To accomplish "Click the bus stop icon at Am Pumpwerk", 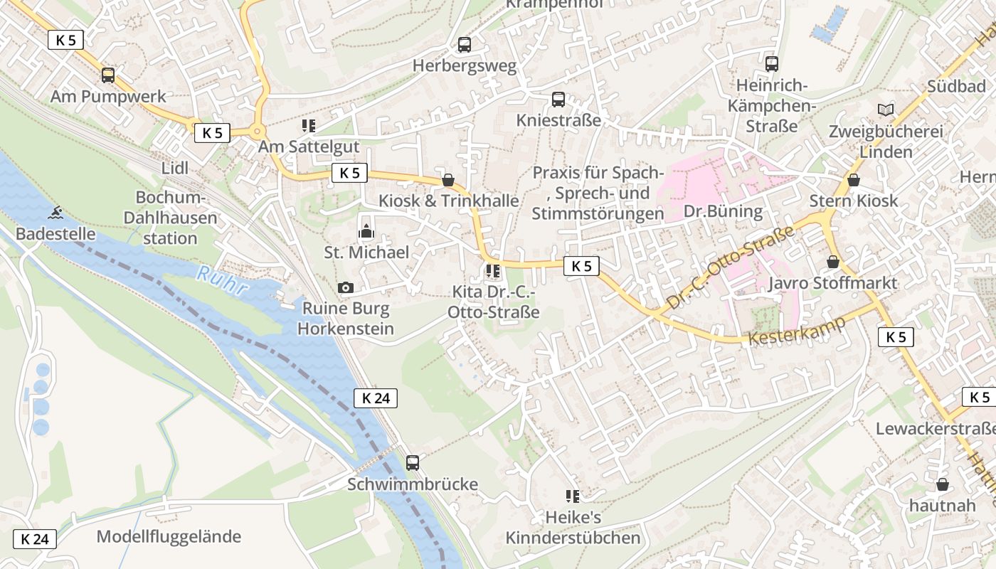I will pyautogui.click(x=108, y=75).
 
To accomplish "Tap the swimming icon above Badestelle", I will pyautogui.click(x=55, y=213).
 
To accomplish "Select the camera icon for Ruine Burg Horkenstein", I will pyautogui.click(x=346, y=287).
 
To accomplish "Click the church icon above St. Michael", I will pyautogui.click(x=366, y=231).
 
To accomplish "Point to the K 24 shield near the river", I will pyautogui.click(x=376, y=398).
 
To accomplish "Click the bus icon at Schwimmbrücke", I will pyautogui.click(x=413, y=463).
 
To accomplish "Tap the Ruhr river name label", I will pyautogui.click(x=222, y=281).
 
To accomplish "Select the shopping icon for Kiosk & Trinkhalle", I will pyautogui.click(x=448, y=180).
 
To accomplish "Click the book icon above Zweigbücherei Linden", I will pyautogui.click(x=886, y=110).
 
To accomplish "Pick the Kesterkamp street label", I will pyautogui.click(x=797, y=330).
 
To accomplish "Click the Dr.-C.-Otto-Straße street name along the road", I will pyautogui.click(x=730, y=268).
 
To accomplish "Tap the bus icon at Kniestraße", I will pyautogui.click(x=558, y=100).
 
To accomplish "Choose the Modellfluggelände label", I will pyautogui.click(x=169, y=536).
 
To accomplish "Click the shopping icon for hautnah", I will pyautogui.click(x=943, y=484).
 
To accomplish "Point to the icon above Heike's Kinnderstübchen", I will pyautogui.click(x=573, y=496).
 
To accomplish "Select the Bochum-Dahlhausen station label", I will pyautogui.click(x=170, y=218).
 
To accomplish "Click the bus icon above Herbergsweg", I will pyautogui.click(x=465, y=45).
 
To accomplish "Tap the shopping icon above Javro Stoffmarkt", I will pyautogui.click(x=833, y=262).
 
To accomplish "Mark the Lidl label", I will pyautogui.click(x=175, y=169).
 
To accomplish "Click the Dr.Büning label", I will pyautogui.click(x=723, y=211).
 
